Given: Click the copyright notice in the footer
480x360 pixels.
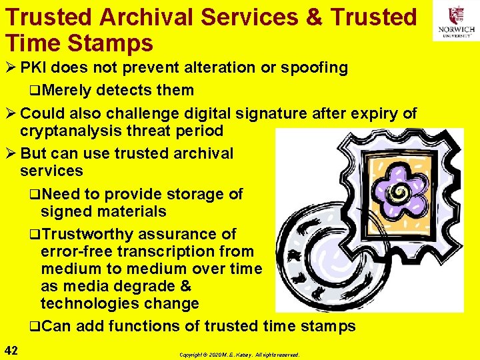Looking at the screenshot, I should pyautogui.click(x=240, y=355).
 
